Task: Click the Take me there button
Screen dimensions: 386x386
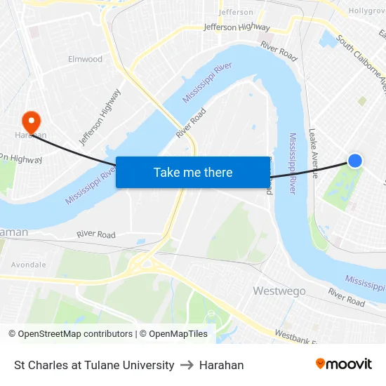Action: tap(193, 172)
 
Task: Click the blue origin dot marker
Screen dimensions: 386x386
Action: tap(355, 161)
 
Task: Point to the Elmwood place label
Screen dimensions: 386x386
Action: tap(85, 59)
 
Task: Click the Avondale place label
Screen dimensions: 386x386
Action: tap(29, 265)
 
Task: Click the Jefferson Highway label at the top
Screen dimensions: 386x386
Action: tap(237, 27)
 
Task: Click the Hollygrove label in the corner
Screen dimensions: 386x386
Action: tap(367, 11)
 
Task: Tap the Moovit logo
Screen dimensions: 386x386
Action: tap(344, 364)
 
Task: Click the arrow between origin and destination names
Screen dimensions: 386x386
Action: tap(187, 365)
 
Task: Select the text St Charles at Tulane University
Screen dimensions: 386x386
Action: tap(94, 365)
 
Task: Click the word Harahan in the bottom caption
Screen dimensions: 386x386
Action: tap(222, 365)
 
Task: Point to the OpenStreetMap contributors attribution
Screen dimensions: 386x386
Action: tap(70, 334)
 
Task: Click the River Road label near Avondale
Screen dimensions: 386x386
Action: tap(96, 234)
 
